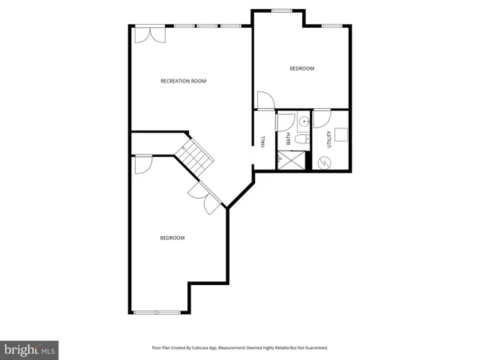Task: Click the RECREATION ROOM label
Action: (183, 81)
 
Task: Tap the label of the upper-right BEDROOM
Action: (301, 69)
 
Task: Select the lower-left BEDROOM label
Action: (172, 238)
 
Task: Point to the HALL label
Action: (263, 140)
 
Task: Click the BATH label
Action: (288, 139)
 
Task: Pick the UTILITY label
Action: (328, 139)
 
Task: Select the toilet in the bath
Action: (300, 139)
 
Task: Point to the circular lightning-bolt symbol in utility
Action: (325, 162)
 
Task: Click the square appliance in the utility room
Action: (340, 133)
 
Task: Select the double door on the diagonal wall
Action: (205, 196)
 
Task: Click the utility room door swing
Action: (320, 118)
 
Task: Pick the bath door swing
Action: (285, 120)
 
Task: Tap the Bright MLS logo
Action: (30, 349)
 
